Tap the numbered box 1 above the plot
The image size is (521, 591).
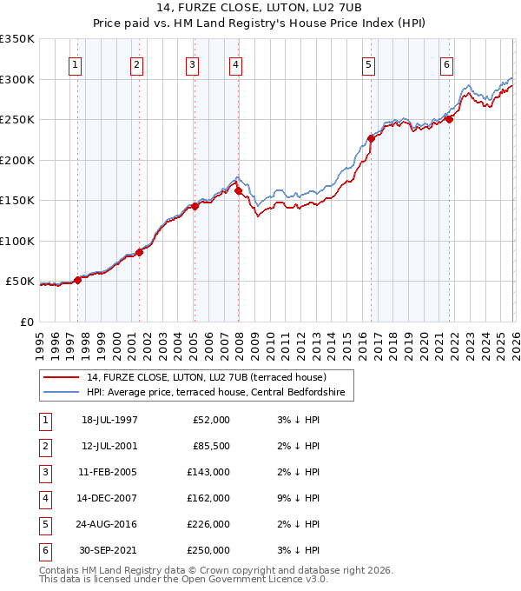[76, 64]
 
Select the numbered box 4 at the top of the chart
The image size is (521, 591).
[235, 64]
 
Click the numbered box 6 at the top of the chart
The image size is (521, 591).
[446, 64]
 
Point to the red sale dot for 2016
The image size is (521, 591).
[371, 138]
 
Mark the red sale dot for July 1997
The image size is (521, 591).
[78, 280]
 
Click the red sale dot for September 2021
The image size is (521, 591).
[449, 120]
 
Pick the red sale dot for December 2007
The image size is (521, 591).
[238, 190]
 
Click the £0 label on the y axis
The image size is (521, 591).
[28, 322]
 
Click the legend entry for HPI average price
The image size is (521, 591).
[215, 393]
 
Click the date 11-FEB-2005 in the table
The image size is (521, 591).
[109, 472]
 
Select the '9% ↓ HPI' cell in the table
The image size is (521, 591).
[296, 498]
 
